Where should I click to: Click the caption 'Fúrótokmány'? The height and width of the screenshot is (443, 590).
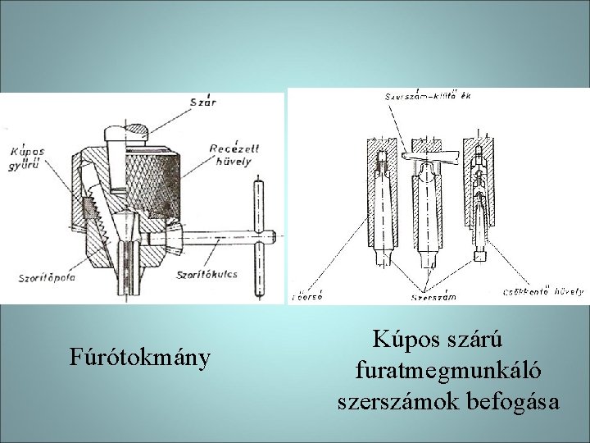[x=140, y=358]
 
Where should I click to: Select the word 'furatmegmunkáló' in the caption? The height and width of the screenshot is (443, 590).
[x=448, y=371]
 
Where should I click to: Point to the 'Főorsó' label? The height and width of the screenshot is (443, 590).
[x=308, y=296]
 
